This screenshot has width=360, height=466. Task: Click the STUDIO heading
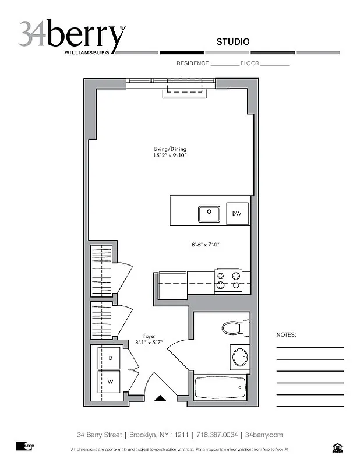[x=233, y=41]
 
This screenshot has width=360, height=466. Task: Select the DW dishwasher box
[x=237, y=214]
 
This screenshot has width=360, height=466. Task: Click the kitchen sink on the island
[x=208, y=214]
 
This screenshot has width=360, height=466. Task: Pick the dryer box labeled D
[x=110, y=358]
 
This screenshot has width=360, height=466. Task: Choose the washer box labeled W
[x=110, y=382]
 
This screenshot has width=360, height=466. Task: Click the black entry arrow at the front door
[x=161, y=399]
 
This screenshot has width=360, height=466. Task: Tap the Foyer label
[x=150, y=336]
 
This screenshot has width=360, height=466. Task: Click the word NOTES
[x=286, y=335]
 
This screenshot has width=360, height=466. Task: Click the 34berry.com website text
[x=264, y=435]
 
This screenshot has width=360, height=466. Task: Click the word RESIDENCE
[x=192, y=63]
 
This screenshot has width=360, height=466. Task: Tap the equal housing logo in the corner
[x=337, y=447]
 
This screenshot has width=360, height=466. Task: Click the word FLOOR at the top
[x=249, y=63]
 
